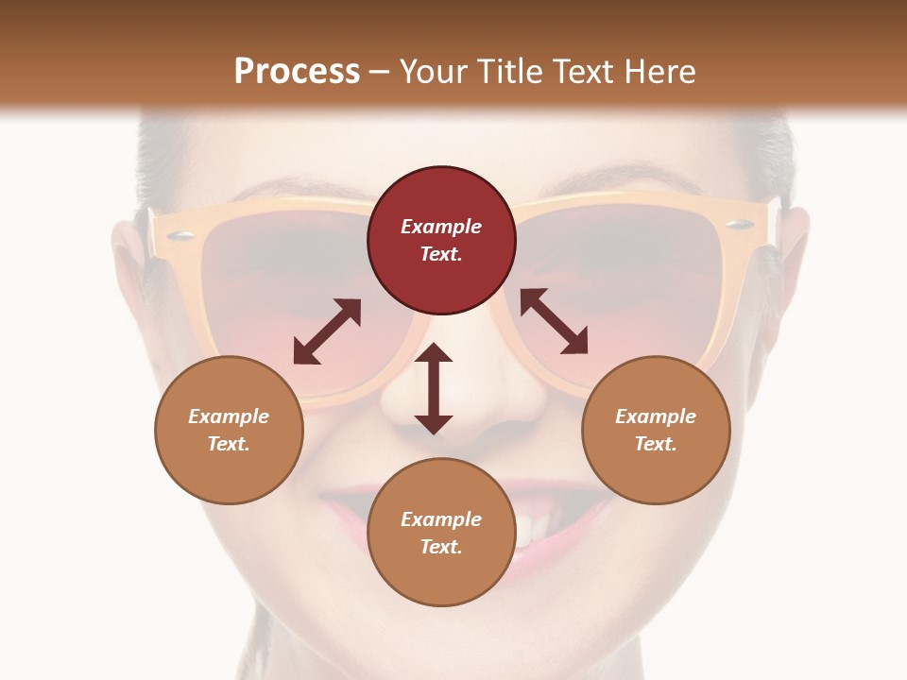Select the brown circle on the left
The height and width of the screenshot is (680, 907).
tap(229, 430)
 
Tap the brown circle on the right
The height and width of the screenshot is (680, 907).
tap(656, 430)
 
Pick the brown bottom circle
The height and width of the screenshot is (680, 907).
tap(441, 533)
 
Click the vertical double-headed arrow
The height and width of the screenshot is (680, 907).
tap(434, 388)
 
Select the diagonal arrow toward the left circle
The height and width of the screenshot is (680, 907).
tap(327, 331)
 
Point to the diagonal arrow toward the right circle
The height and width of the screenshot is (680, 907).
tap(554, 322)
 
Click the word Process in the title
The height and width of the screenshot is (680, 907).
tap(297, 71)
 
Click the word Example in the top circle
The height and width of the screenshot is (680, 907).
tap(441, 227)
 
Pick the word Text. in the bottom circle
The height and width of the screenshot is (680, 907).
tap(441, 547)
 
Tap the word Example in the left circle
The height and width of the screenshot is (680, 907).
tap(229, 416)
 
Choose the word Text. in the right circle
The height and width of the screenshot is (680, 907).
tap(656, 444)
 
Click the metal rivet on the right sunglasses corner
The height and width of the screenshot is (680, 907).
tap(742, 225)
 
